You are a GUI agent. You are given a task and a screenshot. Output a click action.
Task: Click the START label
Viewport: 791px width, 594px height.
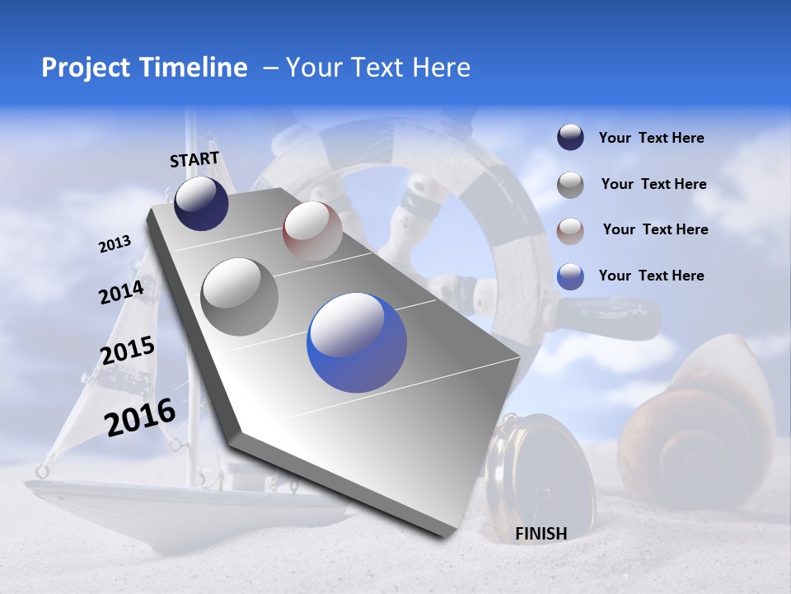(194, 159)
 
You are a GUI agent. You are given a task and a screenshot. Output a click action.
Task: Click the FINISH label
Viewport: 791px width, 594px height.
(541, 534)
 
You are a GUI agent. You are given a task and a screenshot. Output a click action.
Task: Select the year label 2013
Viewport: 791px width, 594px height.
(115, 244)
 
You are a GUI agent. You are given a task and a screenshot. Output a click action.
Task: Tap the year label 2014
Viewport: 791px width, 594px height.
(121, 292)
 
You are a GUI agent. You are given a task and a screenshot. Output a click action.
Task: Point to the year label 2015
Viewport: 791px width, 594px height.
(127, 351)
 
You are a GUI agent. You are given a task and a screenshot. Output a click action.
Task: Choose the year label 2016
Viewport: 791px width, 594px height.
(140, 417)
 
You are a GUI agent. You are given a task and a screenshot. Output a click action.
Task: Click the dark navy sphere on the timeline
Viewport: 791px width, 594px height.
(201, 203)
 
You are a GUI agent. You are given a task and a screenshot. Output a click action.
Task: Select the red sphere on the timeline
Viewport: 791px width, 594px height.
(312, 231)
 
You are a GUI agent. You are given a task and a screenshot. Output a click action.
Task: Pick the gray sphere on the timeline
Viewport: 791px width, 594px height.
(240, 296)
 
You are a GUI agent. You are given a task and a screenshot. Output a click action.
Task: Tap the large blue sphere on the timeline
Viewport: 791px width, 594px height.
(357, 342)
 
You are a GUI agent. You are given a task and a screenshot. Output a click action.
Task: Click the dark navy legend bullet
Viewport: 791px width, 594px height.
(570, 138)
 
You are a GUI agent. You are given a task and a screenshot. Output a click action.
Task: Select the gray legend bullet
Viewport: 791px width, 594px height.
(570, 185)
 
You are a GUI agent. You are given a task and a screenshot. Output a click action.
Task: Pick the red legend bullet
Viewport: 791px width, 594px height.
(570, 230)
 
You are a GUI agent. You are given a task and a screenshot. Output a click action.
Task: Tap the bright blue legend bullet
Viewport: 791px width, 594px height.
(570, 276)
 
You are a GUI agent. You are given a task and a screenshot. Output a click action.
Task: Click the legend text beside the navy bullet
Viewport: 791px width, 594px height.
(651, 139)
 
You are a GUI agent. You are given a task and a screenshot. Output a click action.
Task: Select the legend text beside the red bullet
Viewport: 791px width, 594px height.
(655, 229)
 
